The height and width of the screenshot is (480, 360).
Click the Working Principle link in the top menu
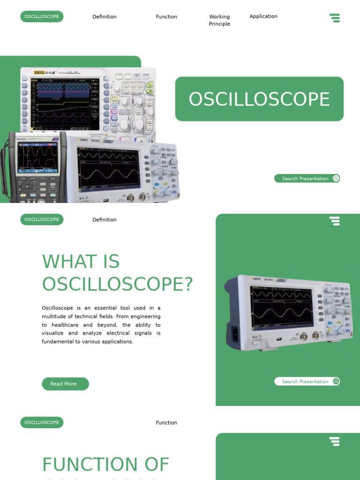[219, 20]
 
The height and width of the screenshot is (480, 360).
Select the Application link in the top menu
[263, 16]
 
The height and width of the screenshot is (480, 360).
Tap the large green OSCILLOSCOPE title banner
[259, 99]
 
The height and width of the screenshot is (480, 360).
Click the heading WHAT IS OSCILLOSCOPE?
[117, 273]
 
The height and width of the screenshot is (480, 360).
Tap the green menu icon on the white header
[335, 18]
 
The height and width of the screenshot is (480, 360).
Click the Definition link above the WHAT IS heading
[105, 220]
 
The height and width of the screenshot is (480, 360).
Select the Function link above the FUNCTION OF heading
[166, 423]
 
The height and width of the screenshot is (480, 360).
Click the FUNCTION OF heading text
[105, 465]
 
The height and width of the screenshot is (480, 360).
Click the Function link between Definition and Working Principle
[166, 17]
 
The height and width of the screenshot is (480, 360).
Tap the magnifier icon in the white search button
[336, 382]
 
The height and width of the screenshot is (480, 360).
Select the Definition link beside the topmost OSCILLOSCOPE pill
[105, 17]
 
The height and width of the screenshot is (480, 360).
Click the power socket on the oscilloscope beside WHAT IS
[233, 333]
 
